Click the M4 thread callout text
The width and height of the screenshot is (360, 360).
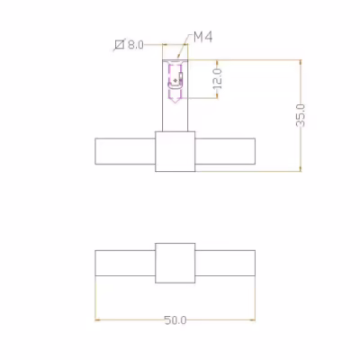click(x=203, y=37)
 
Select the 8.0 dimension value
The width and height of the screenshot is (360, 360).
click(x=136, y=45)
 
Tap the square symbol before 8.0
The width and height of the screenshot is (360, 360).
click(x=120, y=45)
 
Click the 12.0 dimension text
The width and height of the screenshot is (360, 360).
click(x=218, y=79)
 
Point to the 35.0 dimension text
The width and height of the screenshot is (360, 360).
click(x=301, y=115)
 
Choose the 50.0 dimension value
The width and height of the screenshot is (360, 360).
click(x=175, y=320)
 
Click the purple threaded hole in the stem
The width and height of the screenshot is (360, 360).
click(x=175, y=82)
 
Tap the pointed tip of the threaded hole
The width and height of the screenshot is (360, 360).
click(x=175, y=103)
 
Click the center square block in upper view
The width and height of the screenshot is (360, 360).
click(x=175, y=151)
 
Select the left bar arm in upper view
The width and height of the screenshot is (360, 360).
click(x=125, y=151)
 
